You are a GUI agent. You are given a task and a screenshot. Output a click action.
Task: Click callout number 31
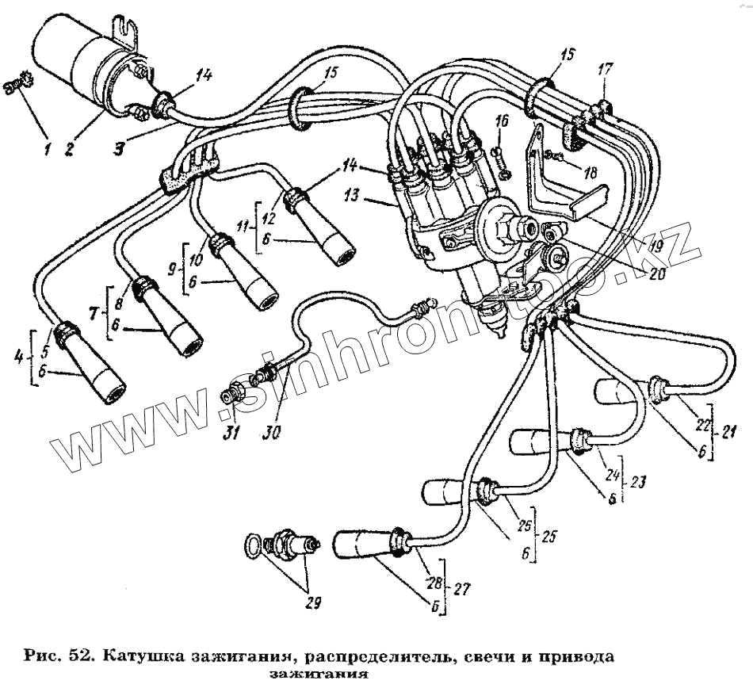coord(230,433)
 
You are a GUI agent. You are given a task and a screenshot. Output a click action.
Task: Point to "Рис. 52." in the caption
coord(56,657)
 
